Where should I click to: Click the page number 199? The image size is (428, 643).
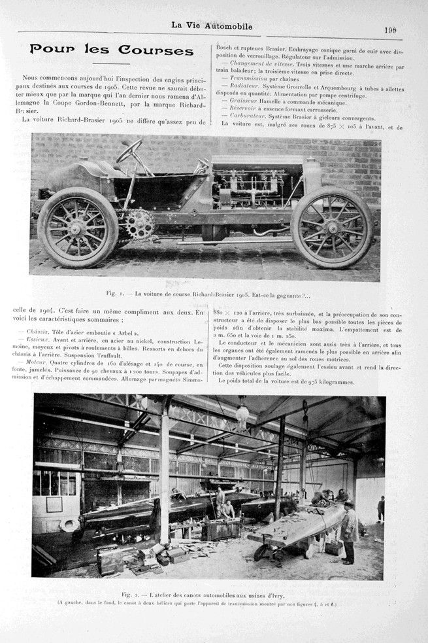[x=391, y=29]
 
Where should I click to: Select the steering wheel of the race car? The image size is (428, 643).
[x=129, y=151]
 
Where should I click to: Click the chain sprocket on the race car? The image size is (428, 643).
[x=139, y=224]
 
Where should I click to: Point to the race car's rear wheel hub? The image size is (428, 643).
[x=78, y=228]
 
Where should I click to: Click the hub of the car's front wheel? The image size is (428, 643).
[x=332, y=228]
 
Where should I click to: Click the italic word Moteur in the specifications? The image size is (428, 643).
[x=37, y=361]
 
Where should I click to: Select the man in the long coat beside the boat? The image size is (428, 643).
[x=349, y=530]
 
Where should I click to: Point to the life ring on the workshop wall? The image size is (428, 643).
[x=69, y=525]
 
